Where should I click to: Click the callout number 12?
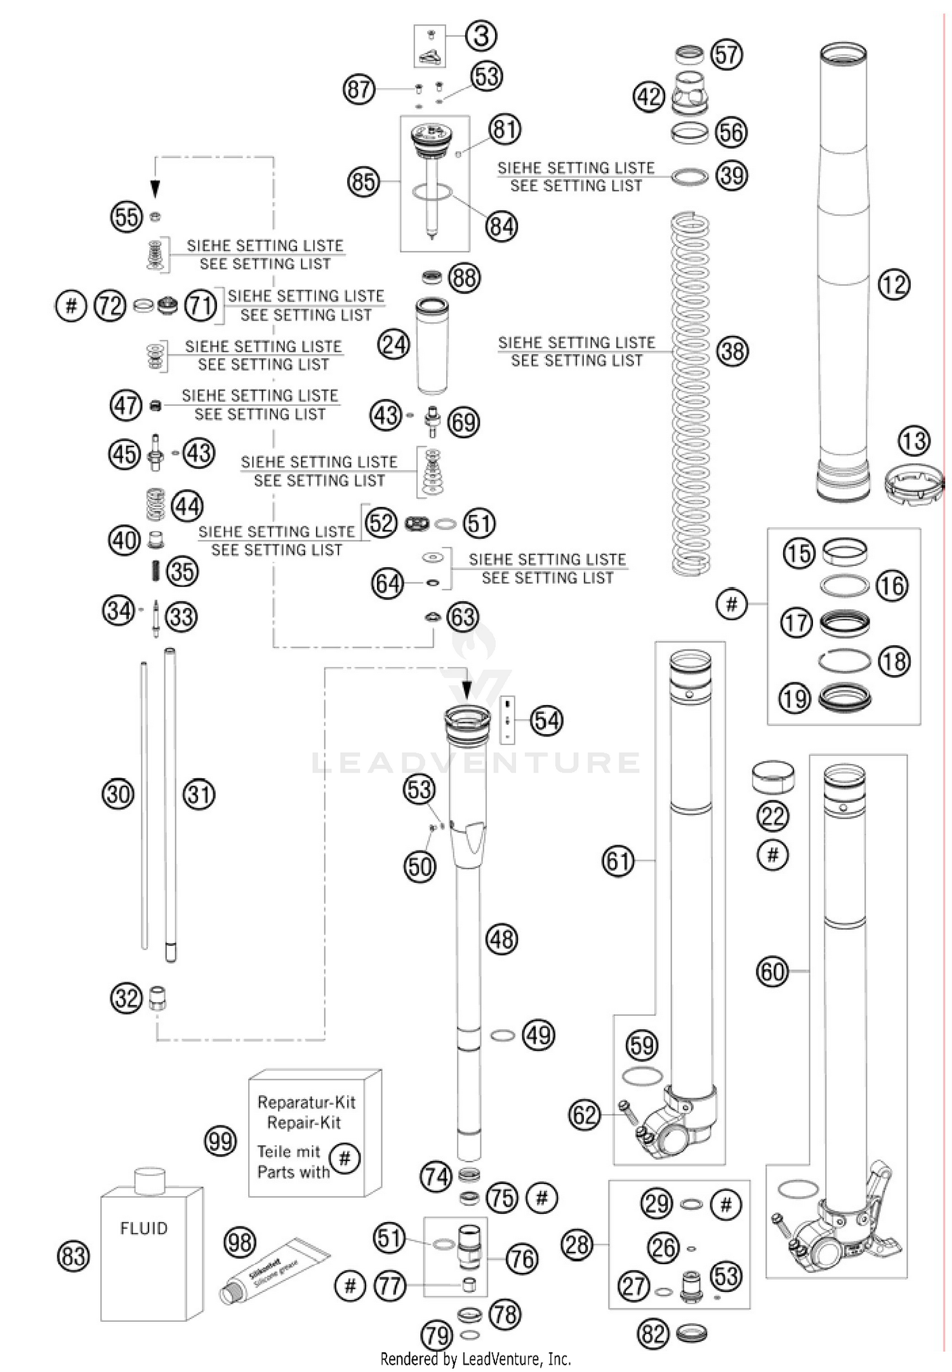coord(894,285)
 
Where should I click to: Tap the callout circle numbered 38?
coord(732,351)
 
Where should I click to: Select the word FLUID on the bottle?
coord(144,1228)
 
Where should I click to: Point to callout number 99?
coord(220,1141)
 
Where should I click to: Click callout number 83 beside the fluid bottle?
coord(74,1256)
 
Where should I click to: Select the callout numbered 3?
coord(481,36)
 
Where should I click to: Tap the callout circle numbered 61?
coord(618,861)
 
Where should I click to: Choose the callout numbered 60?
coord(772,971)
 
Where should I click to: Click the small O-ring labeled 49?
coord(502,1035)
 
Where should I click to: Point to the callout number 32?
coord(126,998)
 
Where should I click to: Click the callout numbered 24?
coord(393,345)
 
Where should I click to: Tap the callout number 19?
coord(795,699)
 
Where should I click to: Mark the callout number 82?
coord(653,1334)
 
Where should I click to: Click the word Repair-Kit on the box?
coord(303,1123)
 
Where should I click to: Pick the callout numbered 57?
coord(726,55)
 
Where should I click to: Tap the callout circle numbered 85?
coord(363,182)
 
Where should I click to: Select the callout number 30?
coord(118,794)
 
